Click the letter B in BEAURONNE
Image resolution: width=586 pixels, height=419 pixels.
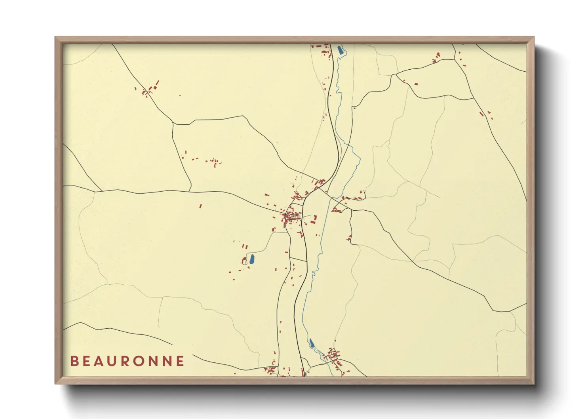click(74, 361)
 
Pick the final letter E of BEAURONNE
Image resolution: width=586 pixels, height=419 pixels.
click(180, 361)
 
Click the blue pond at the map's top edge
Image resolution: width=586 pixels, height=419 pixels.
click(339, 50)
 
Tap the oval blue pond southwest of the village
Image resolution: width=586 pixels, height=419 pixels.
click(251, 259)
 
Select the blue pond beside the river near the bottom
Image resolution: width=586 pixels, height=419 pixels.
click(312, 343)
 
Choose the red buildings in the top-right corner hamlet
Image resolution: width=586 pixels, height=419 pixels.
click(437, 58)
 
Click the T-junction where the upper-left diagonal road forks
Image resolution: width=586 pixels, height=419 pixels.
click(173, 124)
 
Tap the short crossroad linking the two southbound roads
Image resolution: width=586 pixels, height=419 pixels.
click(298, 260)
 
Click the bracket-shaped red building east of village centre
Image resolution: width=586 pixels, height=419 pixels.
click(314, 219)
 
